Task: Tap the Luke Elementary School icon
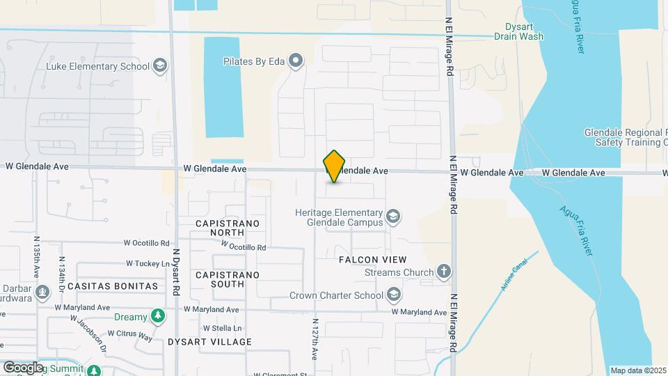click(x=160, y=66)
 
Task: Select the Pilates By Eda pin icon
click(x=296, y=61)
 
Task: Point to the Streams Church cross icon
click(x=444, y=272)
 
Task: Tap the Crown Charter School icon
click(x=394, y=295)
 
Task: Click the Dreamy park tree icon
click(x=158, y=317)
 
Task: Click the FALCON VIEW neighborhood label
click(x=372, y=259)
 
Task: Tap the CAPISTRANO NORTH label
click(x=228, y=228)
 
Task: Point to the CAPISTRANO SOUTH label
click(x=228, y=279)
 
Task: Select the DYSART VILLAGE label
click(x=209, y=342)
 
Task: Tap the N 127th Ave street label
click(x=315, y=340)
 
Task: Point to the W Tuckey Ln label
click(x=148, y=264)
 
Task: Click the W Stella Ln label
click(x=222, y=328)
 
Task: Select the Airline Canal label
click(x=514, y=273)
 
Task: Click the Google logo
click(x=22, y=367)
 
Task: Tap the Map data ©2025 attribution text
click(x=637, y=370)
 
